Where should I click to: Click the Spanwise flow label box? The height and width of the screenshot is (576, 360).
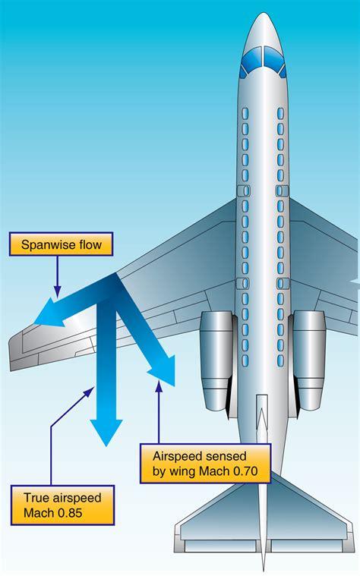pos(60,245)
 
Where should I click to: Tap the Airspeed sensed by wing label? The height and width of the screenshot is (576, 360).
pos(206,463)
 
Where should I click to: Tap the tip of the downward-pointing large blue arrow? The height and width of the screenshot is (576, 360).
pos(106,442)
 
